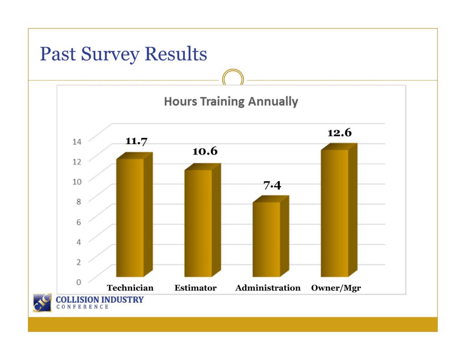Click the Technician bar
(134, 215)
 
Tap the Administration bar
(271, 236)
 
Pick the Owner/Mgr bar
(339, 210)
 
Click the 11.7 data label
(137, 141)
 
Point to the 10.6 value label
(205, 151)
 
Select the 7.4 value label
(272, 185)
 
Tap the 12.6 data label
(339, 132)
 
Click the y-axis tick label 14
(76, 142)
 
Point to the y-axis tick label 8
(78, 202)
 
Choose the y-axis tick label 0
(78, 282)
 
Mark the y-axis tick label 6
(78, 222)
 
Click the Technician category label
(130, 288)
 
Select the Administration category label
(268, 288)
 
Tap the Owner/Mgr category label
(336, 288)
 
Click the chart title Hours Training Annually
(231, 101)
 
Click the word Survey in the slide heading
(110, 55)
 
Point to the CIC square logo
(42, 303)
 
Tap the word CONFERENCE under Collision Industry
(83, 307)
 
